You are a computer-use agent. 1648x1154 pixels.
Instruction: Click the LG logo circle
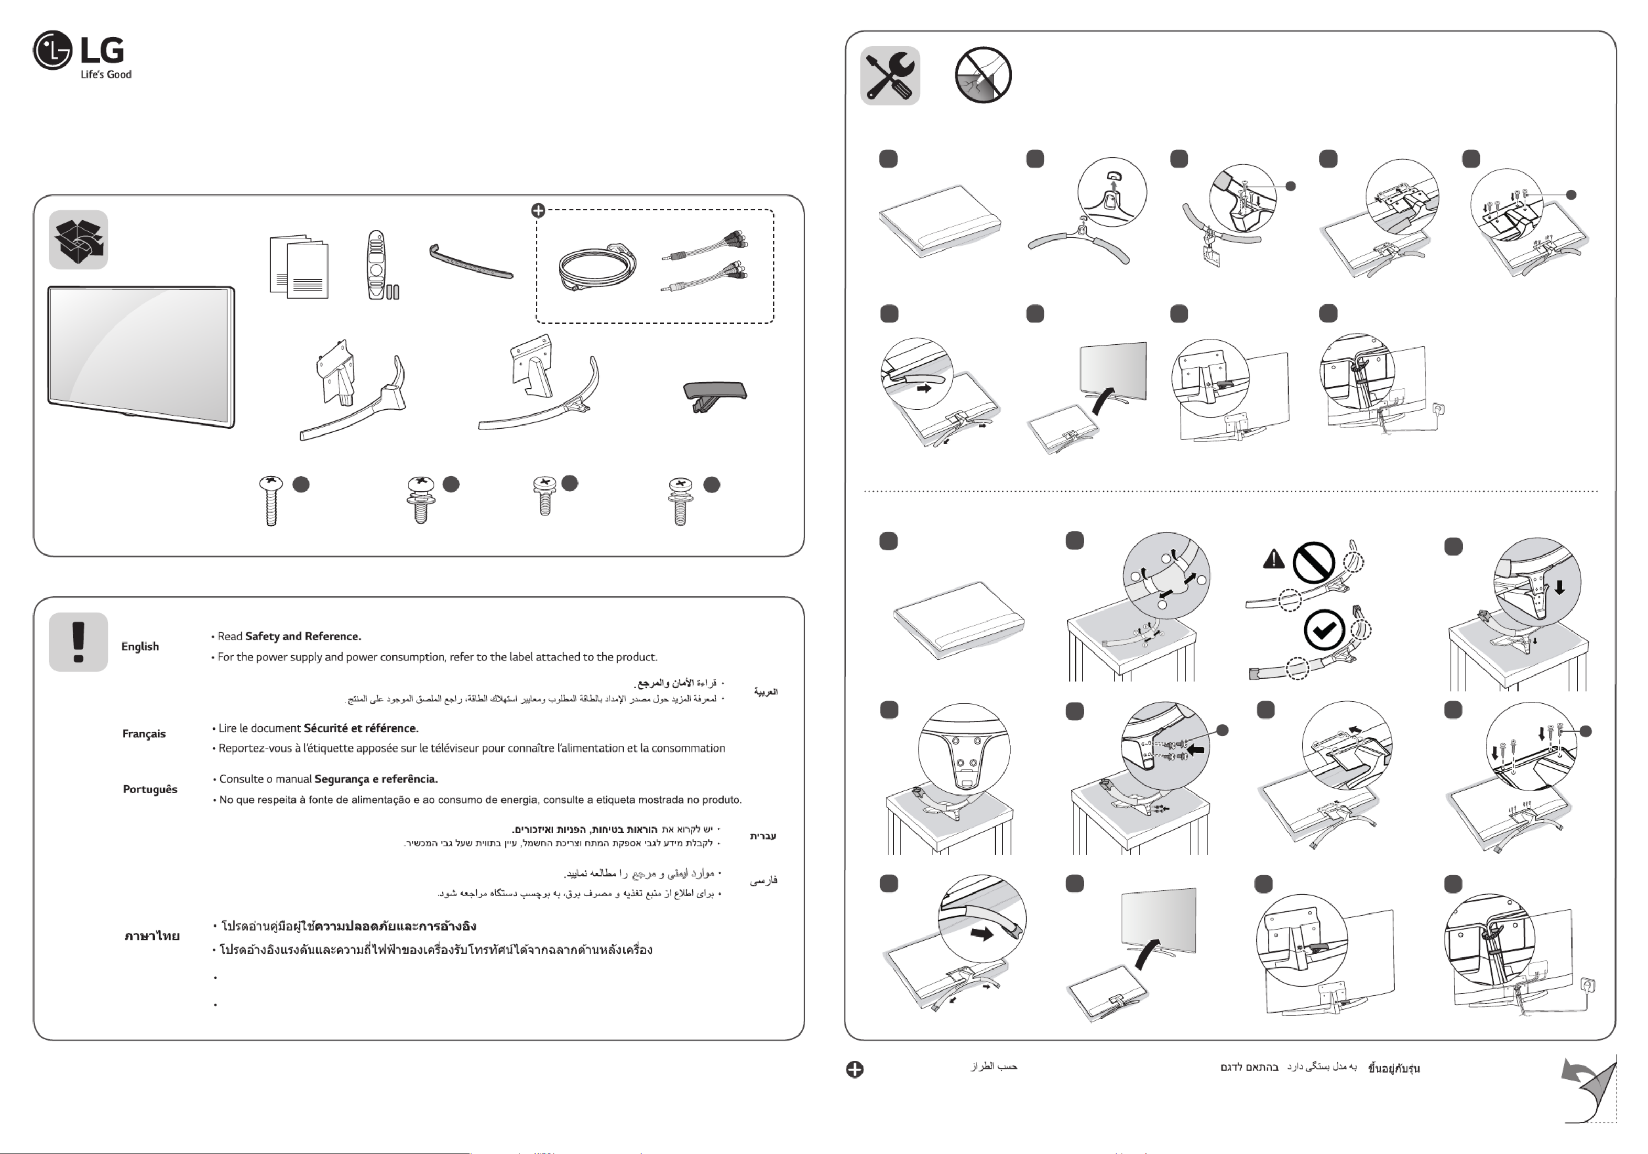52,50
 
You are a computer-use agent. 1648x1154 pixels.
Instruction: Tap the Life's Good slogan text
105,74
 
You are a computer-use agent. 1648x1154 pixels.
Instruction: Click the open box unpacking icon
78,239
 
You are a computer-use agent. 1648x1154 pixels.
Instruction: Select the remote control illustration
376,264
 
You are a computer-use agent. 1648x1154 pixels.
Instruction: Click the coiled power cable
596,268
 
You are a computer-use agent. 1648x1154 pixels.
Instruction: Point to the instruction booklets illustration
299,266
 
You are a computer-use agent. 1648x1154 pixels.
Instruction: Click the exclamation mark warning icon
78,641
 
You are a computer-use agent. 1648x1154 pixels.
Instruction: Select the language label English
140,647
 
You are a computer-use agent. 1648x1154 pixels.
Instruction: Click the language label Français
144,734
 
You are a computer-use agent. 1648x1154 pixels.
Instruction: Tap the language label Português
149,789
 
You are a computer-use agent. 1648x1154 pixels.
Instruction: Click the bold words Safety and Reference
303,637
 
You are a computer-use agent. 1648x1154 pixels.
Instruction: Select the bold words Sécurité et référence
361,728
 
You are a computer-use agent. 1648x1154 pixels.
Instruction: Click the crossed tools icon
890,76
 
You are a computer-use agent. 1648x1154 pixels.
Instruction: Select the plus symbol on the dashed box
538,210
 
